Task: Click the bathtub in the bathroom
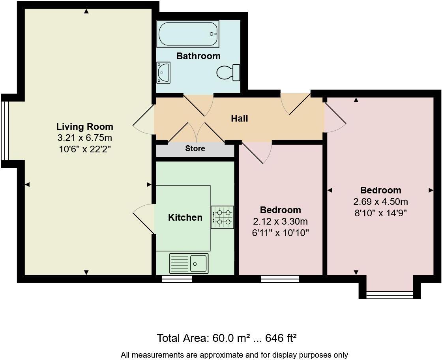187,34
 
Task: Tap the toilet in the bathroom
228,73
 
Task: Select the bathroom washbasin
163,73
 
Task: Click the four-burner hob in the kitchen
222,217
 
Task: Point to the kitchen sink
189,263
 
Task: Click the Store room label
195,148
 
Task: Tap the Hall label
239,118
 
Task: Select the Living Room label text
84,127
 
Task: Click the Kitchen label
185,217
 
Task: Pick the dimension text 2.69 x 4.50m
380,202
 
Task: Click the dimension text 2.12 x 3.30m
280,221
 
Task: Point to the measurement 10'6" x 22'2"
84,150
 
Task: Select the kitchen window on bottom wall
177,279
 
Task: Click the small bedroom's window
280,279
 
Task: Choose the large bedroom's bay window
390,294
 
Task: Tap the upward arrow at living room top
86,11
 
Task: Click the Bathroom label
198,56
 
